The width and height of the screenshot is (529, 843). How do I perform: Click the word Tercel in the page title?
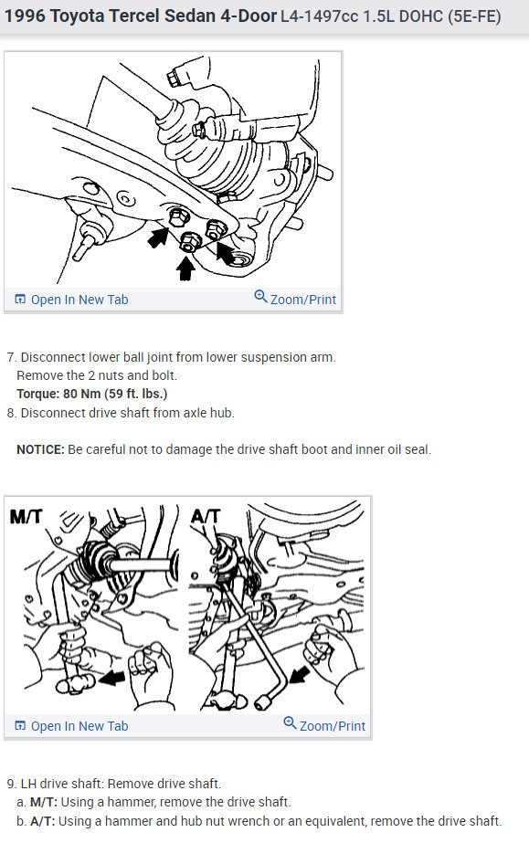pyautogui.click(x=132, y=16)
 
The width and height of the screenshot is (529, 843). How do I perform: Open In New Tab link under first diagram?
pyautogui.click(x=71, y=300)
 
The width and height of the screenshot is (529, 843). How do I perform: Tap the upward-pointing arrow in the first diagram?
pyautogui.click(x=185, y=269)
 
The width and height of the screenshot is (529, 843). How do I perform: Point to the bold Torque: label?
pyautogui.click(x=38, y=394)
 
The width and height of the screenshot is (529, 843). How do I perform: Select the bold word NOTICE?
pyautogui.click(x=40, y=449)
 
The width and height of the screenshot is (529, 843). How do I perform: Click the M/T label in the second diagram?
pyautogui.click(x=26, y=517)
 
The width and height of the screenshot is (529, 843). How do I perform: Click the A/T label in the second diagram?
pyautogui.click(x=206, y=517)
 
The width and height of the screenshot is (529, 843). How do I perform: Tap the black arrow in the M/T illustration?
pyautogui.click(x=111, y=678)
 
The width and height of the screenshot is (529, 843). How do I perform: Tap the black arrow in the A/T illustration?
pyautogui.click(x=300, y=674)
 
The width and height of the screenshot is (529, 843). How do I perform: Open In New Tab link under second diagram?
pyautogui.click(x=71, y=726)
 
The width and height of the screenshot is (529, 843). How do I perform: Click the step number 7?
pyautogui.click(x=12, y=357)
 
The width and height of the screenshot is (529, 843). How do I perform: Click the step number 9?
pyautogui.click(x=12, y=784)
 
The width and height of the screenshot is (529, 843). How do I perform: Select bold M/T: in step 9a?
pyautogui.click(x=44, y=802)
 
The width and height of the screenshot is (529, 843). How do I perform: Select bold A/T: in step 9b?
pyautogui.click(x=42, y=821)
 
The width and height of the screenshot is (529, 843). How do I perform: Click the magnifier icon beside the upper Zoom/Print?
pyautogui.click(x=260, y=296)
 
